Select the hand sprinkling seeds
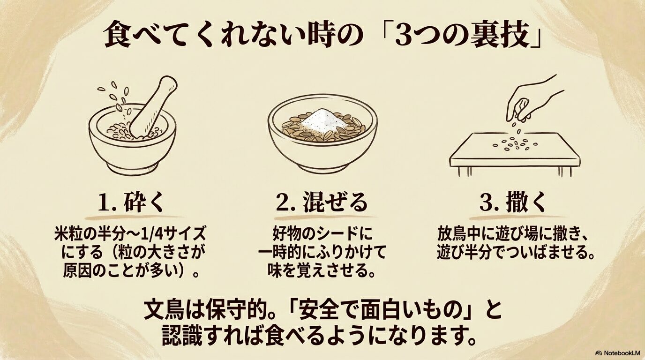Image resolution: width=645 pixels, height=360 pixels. point(534,98)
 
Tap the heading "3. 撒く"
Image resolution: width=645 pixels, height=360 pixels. point(513,203)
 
